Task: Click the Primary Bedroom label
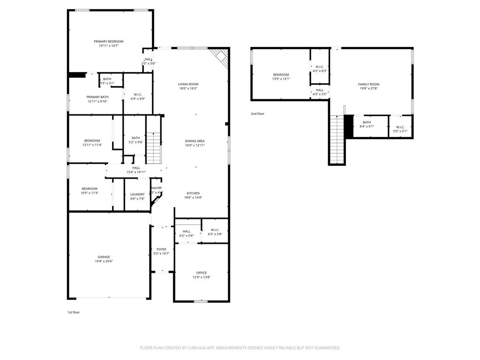click(x=108, y=42)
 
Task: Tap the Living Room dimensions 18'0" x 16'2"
click(x=188, y=89)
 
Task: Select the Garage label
click(x=104, y=257)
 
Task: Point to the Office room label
click(x=202, y=273)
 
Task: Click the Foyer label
click(x=161, y=249)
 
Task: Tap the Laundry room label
click(x=137, y=194)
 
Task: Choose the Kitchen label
click(x=193, y=193)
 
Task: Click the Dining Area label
click(x=195, y=141)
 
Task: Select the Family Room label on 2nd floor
click(x=368, y=84)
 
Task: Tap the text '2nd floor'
click(x=257, y=113)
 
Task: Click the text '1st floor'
click(x=74, y=312)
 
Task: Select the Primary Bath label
click(x=97, y=97)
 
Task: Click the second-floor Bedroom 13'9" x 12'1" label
click(x=281, y=75)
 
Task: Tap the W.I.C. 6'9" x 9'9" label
click(x=137, y=95)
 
